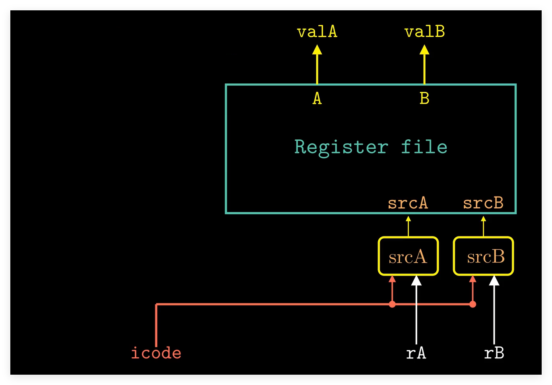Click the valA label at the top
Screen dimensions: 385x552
(317, 32)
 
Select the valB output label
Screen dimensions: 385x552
(424, 32)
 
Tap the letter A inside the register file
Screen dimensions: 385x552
(317, 98)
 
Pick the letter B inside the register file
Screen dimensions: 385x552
(424, 98)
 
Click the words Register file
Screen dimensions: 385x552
(370, 147)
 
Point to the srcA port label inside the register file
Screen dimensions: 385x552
(408, 203)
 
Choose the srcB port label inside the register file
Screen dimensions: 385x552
(483, 203)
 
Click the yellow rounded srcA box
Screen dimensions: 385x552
(408, 256)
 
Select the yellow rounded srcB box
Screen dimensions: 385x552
(483, 256)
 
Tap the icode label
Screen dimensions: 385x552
(156, 353)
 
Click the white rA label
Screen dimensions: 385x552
(416, 353)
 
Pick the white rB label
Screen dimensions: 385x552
(494, 353)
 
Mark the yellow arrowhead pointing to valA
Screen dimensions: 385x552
(317, 50)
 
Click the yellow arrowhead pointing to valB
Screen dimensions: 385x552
(424, 50)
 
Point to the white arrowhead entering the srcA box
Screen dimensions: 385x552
(416, 281)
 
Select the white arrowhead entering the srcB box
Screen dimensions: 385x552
(494, 281)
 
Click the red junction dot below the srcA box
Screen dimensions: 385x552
(392, 304)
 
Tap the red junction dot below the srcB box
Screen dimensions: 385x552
(473, 304)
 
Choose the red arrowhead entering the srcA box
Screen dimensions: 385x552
(392, 279)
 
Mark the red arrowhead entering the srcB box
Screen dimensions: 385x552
(473, 279)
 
